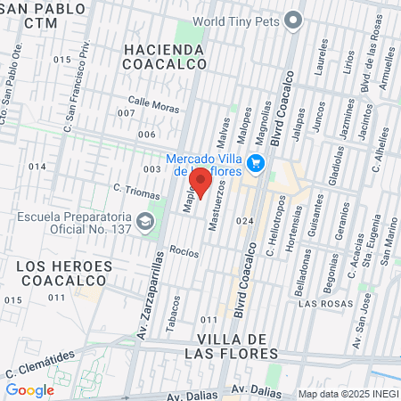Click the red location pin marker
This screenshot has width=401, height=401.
tap(200, 181)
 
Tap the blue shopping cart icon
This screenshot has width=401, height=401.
tap(257, 162)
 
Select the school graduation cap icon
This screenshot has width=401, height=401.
tap(144, 220)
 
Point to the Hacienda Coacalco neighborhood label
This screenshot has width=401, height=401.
tap(165, 55)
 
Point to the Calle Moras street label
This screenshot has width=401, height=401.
tap(153, 103)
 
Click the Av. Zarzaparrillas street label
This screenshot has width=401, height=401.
tap(160, 275)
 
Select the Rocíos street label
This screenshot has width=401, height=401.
tap(183, 252)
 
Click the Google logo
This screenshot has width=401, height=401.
tap(29, 389)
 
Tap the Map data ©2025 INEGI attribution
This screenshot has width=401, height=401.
tap(348, 394)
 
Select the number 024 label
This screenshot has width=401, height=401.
tap(245, 221)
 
